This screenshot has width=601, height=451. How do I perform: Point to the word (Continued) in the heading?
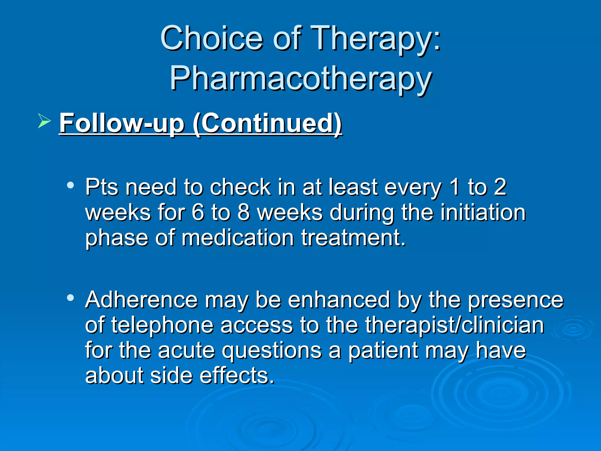click(267, 123)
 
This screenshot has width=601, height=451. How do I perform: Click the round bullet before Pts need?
click(70, 185)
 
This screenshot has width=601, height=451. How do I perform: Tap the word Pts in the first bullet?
click(102, 187)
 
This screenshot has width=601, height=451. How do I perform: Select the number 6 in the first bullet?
click(197, 213)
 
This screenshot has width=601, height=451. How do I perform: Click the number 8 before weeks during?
click(243, 213)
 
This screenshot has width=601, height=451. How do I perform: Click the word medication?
click(238, 238)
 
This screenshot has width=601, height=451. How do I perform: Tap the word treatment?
click(354, 238)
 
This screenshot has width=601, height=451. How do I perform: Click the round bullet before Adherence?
click(70, 298)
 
